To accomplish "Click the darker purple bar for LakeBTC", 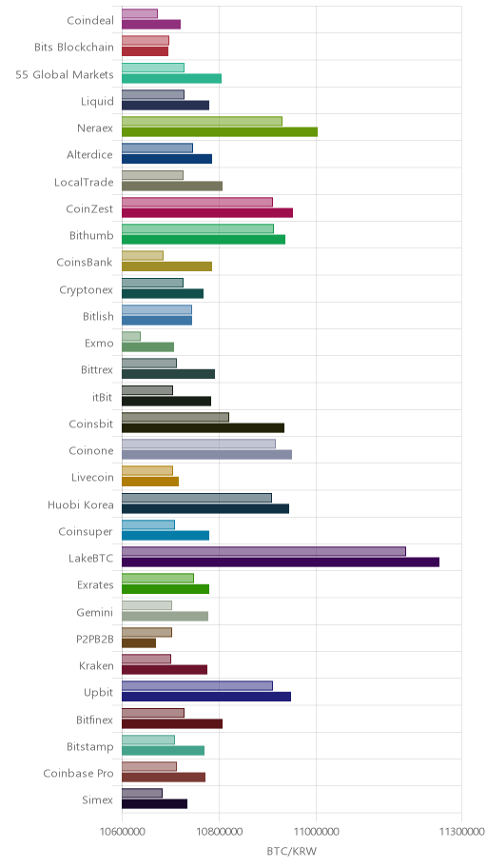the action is [x=281, y=562].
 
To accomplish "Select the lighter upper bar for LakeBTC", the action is [x=264, y=551].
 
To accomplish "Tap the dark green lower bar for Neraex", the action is [x=220, y=131].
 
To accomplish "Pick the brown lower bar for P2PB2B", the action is [x=139, y=642].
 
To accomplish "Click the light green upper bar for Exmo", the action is [x=131, y=336].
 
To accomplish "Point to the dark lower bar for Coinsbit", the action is [x=204, y=427].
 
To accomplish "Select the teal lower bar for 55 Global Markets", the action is [x=171, y=78].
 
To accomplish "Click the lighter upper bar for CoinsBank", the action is [x=143, y=255].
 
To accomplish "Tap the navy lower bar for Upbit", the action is [x=206, y=697].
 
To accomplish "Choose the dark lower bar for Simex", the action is [x=154, y=804].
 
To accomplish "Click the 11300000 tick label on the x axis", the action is [x=461, y=832].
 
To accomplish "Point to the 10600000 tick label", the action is [x=122, y=832].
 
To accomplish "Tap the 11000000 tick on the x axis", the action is [x=317, y=832].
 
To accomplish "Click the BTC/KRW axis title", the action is [x=292, y=851].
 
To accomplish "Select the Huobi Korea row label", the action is [x=80, y=504].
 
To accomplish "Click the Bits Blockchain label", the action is [x=74, y=48].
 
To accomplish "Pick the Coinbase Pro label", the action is [x=79, y=774].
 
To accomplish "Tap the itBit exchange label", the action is [x=103, y=398].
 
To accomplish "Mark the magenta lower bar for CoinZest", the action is [x=207, y=212].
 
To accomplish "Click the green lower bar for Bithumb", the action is [x=204, y=239].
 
